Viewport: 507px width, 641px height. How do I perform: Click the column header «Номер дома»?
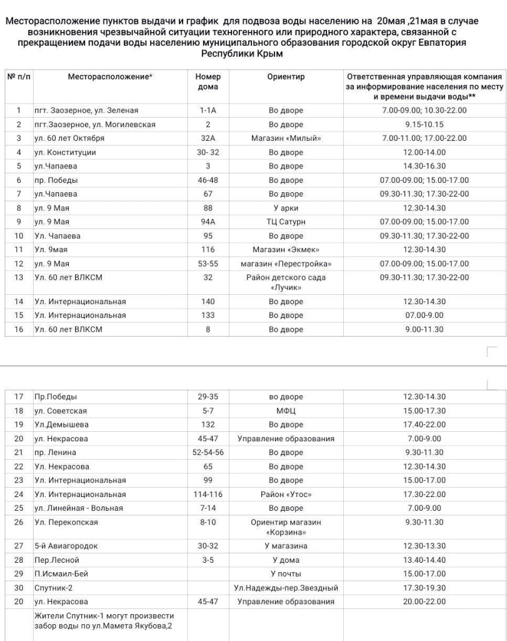point(208,81)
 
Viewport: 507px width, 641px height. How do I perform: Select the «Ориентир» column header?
point(286,77)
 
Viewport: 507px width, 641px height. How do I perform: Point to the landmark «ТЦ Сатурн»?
point(286,222)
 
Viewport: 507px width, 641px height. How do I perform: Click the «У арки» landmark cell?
point(286,208)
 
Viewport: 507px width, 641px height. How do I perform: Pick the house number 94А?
point(208,222)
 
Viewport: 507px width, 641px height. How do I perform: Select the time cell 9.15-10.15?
point(424,125)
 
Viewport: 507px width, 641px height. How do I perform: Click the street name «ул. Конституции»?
point(66,153)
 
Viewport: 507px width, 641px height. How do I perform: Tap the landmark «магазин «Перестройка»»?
point(286,264)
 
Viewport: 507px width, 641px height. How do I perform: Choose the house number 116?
point(208,250)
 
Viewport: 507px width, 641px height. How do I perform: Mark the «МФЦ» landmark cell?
point(286,411)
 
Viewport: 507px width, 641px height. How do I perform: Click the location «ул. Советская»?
point(61,411)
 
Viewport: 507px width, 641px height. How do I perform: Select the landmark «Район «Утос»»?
point(286,495)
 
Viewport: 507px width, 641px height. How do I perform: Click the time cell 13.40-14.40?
point(424,560)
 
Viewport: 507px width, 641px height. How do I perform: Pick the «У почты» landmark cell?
point(286,574)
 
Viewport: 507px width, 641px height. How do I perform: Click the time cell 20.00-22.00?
point(424,602)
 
